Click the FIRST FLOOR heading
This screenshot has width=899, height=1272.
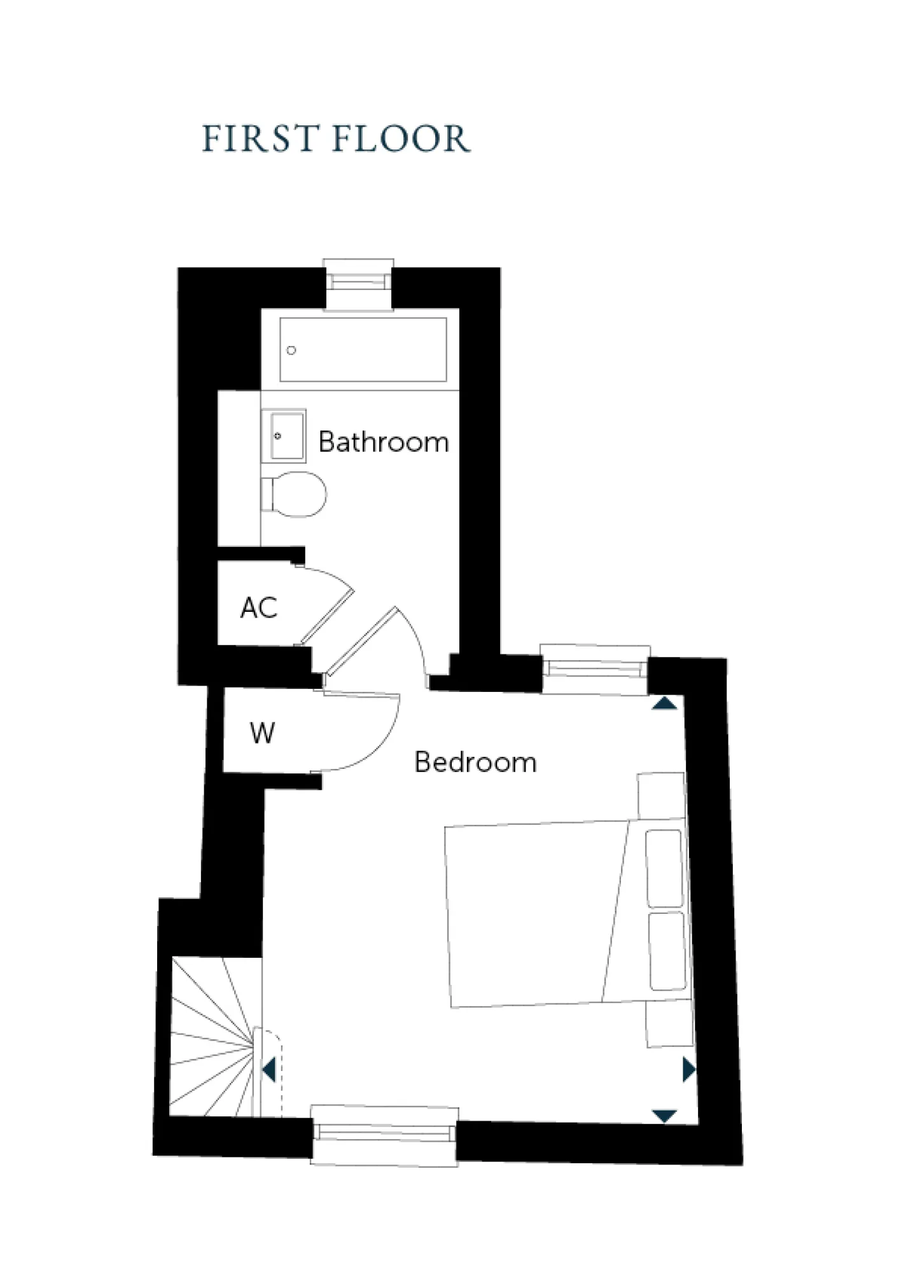(336, 139)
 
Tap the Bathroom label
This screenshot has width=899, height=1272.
(383, 442)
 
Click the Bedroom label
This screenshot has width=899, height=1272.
(475, 762)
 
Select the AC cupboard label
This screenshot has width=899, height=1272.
(259, 608)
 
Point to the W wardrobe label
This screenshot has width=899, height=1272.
(262, 733)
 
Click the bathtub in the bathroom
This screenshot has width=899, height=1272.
(363, 350)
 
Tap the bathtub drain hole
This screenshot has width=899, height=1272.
(291, 350)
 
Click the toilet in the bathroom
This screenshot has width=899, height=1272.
(294, 494)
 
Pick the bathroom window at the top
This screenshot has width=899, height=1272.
(358, 280)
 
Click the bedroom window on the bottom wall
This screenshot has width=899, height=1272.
(384, 1135)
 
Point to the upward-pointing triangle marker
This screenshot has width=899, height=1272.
(665, 703)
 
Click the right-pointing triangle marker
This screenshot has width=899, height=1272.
(688, 1070)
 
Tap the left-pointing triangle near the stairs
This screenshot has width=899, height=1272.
(269, 1070)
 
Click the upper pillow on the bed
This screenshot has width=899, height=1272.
(665, 869)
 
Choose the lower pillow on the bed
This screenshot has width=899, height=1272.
(667, 951)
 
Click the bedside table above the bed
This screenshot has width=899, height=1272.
(662, 796)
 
